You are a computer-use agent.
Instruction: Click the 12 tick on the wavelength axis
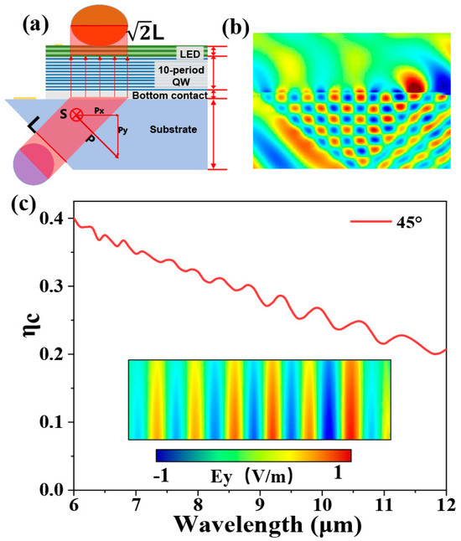pos(446,506)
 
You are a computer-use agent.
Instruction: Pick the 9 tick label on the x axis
pos(259,506)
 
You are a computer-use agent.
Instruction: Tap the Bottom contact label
pos(170,94)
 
